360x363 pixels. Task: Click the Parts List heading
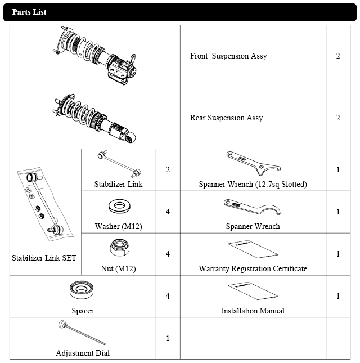(x=29, y=12)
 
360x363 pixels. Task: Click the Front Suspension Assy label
(x=228, y=56)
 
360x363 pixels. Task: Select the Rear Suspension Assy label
(x=226, y=118)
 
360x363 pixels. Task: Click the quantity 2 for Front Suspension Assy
(x=337, y=56)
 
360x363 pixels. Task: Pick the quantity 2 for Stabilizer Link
(x=168, y=170)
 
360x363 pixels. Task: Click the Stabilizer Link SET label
(x=44, y=258)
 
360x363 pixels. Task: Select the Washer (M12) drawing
(x=119, y=206)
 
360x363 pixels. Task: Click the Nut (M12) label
(x=118, y=268)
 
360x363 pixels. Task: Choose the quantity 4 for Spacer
(x=168, y=296)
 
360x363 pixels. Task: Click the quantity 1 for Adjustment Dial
(x=168, y=338)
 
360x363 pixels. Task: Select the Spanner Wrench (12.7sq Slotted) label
(x=253, y=184)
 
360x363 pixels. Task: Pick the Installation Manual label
(x=253, y=311)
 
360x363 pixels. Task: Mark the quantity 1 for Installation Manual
(x=337, y=296)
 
